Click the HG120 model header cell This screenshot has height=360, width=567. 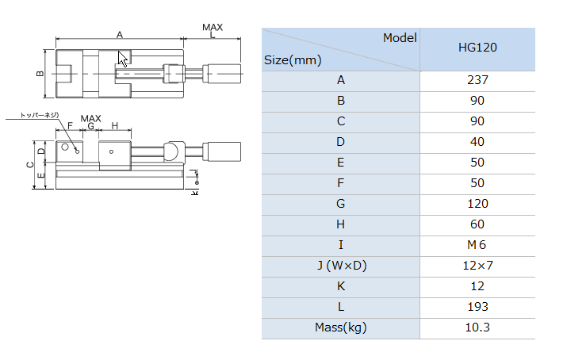pyautogui.click(x=477, y=48)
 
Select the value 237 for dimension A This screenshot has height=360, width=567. pyautogui.click(x=477, y=80)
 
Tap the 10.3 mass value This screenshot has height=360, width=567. pyautogui.click(x=477, y=327)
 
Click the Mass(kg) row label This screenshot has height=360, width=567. pyautogui.click(x=341, y=327)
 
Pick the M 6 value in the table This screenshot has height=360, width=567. pyautogui.click(x=477, y=245)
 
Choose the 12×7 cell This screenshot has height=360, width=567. pyautogui.click(x=477, y=266)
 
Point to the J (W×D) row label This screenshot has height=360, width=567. pyautogui.click(x=342, y=266)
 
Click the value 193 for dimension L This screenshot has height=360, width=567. pyautogui.click(x=477, y=307)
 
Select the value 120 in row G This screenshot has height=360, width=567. pyautogui.click(x=477, y=204)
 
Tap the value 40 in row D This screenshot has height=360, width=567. pyautogui.click(x=477, y=142)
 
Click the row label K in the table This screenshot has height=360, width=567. pyautogui.click(x=341, y=286)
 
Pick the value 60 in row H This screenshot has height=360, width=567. pyautogui.click(x=477, y=224)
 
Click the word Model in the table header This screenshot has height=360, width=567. pyautogui.click(x=400, y=37)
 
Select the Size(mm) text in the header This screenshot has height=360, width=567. pyautogui.click(x=293, y=60)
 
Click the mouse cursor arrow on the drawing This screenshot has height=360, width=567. pyautogui.click(x=122, y=59)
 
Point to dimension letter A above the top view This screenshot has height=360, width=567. pyautogui.click(x=120, y=35)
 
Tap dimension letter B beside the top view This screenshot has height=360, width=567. pyautogui.click(x=40, y=74)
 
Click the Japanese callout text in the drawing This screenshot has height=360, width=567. pyautogui.click(x=39, y=115)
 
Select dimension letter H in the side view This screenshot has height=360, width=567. pyautogui.click(x=115, y=125)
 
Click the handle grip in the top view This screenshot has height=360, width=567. pyautogui.click(x=222, y=74)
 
